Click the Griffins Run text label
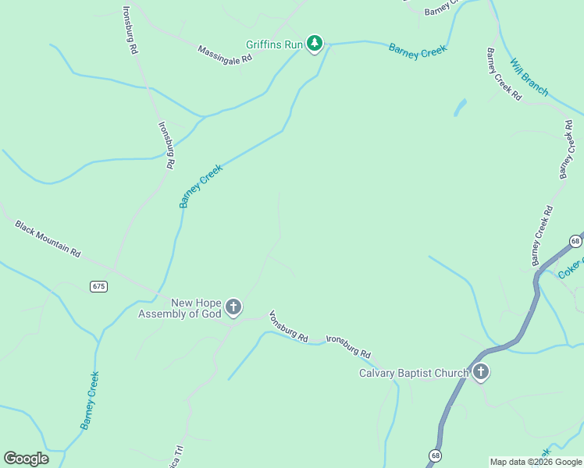coord(273,45)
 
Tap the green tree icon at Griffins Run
coord(315,44)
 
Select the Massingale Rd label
coord(225,54)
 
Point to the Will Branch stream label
coord(529,77)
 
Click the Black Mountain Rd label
coord(48,238)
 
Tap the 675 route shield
coord(98,286)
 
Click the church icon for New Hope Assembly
coord(233,308)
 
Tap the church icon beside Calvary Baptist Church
coord(480,373)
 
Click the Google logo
coord(26,459)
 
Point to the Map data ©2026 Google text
coord(536,462)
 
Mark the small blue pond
coord(460,108)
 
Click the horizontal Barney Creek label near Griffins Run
coord(418,48)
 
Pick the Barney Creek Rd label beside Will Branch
coord(504,74)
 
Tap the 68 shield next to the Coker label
coord(575,240)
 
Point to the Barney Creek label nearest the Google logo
coord(90,400)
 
